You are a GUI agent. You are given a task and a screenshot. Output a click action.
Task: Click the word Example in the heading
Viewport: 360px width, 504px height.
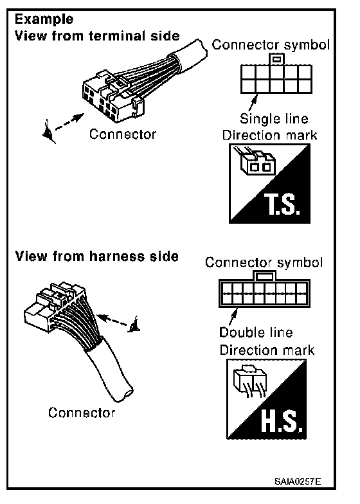(x=44, y=20)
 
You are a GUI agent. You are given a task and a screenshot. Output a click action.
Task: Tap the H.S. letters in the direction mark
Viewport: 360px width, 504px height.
(x=282, y=422)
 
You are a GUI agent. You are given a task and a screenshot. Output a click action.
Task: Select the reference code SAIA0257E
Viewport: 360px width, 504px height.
(x=298, y=482)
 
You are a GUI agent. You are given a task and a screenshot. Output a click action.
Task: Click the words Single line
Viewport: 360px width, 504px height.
(x=274, y=119)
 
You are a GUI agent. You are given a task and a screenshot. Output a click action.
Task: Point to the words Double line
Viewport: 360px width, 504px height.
(x=256, y=332)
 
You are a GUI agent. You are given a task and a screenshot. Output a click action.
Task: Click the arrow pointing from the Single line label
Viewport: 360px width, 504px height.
(x=253, y=103)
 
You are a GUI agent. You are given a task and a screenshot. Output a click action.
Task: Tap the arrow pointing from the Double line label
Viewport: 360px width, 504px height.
(x=233, y=316)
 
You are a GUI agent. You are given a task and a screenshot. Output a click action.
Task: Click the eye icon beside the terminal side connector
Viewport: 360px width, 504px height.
(x=49, y=132)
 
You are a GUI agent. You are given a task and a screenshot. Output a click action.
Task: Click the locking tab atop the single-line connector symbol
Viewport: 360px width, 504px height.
(x=276, y=59)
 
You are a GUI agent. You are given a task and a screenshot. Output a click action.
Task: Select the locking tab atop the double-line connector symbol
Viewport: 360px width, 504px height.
(x=264, y=275)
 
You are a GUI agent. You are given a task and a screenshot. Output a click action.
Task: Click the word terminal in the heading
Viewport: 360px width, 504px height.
(x=118, y=35)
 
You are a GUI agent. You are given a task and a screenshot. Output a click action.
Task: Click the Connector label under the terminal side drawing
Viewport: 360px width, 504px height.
(x=123, y=134)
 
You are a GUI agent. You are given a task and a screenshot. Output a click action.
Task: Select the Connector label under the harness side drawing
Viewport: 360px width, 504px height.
(x=82, y=413)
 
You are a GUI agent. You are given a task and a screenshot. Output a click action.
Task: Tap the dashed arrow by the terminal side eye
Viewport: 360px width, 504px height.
(x=70, y=122)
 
